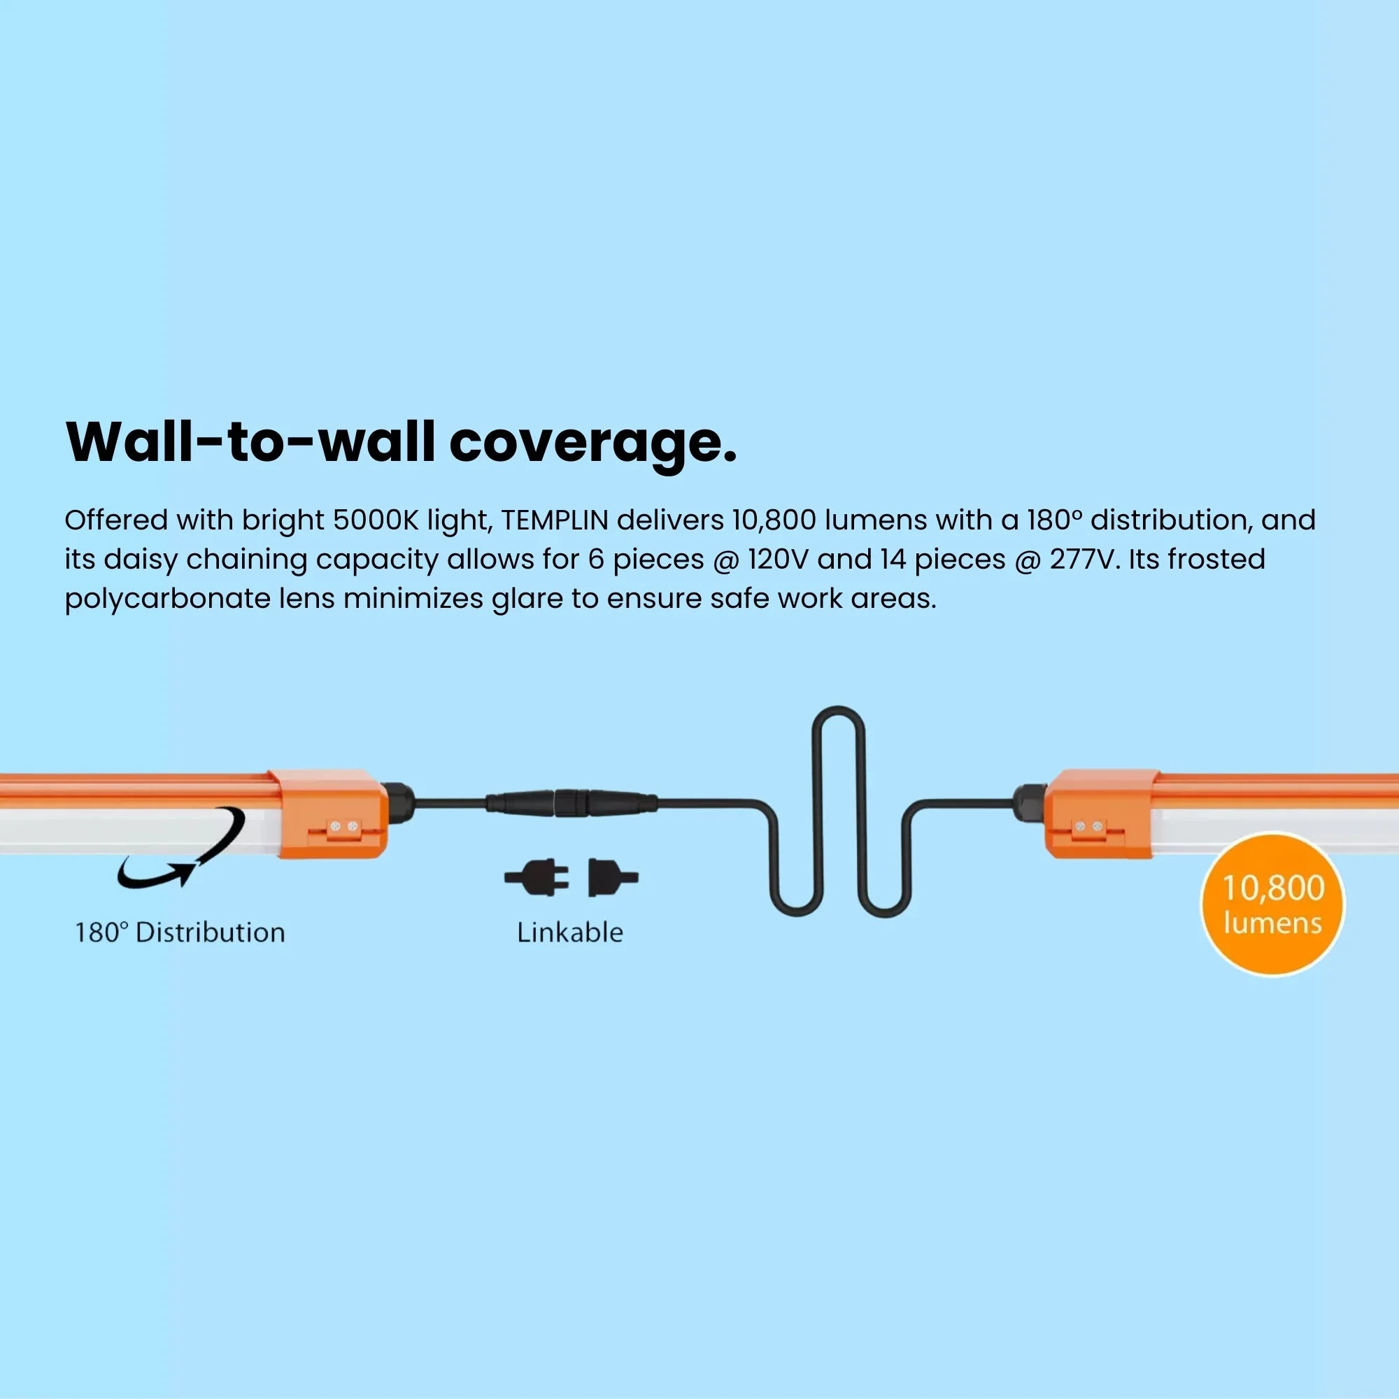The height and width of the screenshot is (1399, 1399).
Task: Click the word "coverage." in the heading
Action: (593, 443)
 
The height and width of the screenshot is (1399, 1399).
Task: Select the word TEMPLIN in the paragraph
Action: (555, 520)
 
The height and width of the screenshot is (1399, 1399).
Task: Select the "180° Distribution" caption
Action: (180, 932)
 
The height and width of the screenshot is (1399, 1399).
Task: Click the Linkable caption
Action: (570, 932)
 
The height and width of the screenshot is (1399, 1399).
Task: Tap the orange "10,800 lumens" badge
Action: (1272, 904)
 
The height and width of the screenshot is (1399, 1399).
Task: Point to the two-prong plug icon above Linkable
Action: (537, 878)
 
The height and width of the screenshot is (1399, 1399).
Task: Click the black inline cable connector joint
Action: (571, 803)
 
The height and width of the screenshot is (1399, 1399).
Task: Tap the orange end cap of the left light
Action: (328, 814)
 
